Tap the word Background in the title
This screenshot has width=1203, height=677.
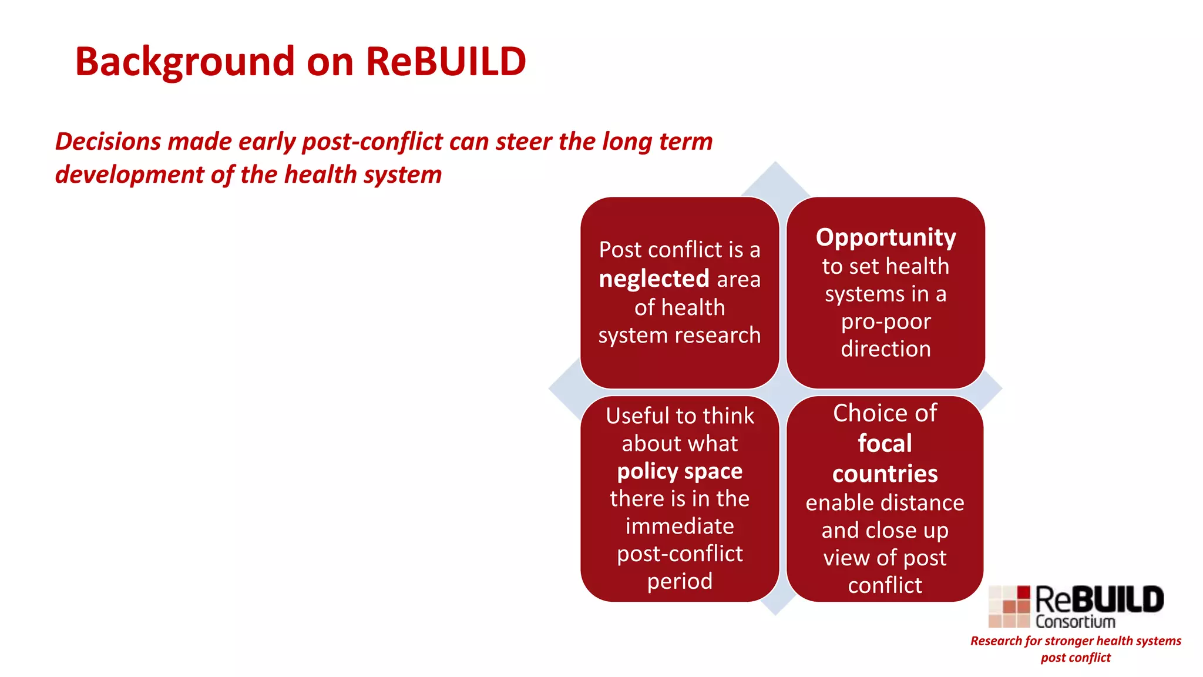click(184, 62)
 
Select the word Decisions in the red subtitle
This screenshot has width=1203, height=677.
click(107, 142)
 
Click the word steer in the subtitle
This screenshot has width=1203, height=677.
click(523, 142)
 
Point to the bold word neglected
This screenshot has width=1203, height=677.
click(654, 279)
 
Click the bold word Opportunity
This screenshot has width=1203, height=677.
click(886, 237)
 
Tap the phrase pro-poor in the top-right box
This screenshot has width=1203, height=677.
click(886, 321)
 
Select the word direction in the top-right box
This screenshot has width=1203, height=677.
click(886, 349)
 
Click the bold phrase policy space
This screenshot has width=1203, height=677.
click(680, 471)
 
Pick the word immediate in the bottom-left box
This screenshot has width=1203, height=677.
click(680, 526)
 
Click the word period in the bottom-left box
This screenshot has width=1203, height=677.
click(680, 581)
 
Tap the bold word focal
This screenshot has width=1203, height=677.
click(885, 443)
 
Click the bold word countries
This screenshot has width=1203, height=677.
click(885, 474)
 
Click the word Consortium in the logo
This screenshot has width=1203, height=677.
click(1075, 621)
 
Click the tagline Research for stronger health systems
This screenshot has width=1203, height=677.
click(1076, 641)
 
